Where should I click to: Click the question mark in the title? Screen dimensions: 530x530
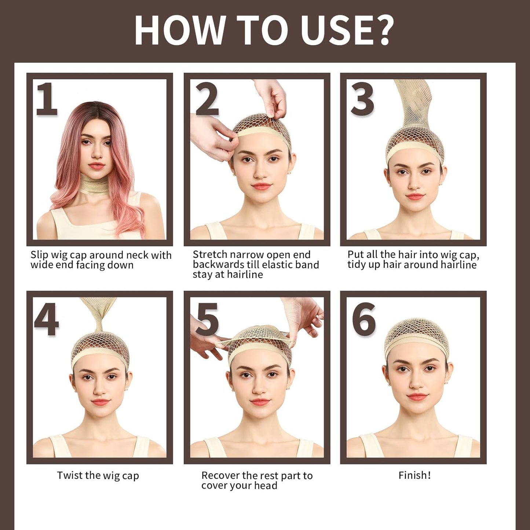pyautogui.click(x=379, y=30)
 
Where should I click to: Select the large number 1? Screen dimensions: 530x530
pyautogui.click(x=47, y=99)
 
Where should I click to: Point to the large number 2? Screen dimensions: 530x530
pyautogui.click(x=207, y=99)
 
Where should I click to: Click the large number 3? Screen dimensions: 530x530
pyautogui.click(x=362, y=99)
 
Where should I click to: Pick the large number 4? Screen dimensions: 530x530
pyautogui.click(x=47, y=319)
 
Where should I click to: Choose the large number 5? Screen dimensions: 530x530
pyautogui.click(x=207, y=319)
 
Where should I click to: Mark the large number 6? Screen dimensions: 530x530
pyautogui.click(x=363, y=319)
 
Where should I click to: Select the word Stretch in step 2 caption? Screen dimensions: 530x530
pyautogui.click(x=210, y=255)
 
